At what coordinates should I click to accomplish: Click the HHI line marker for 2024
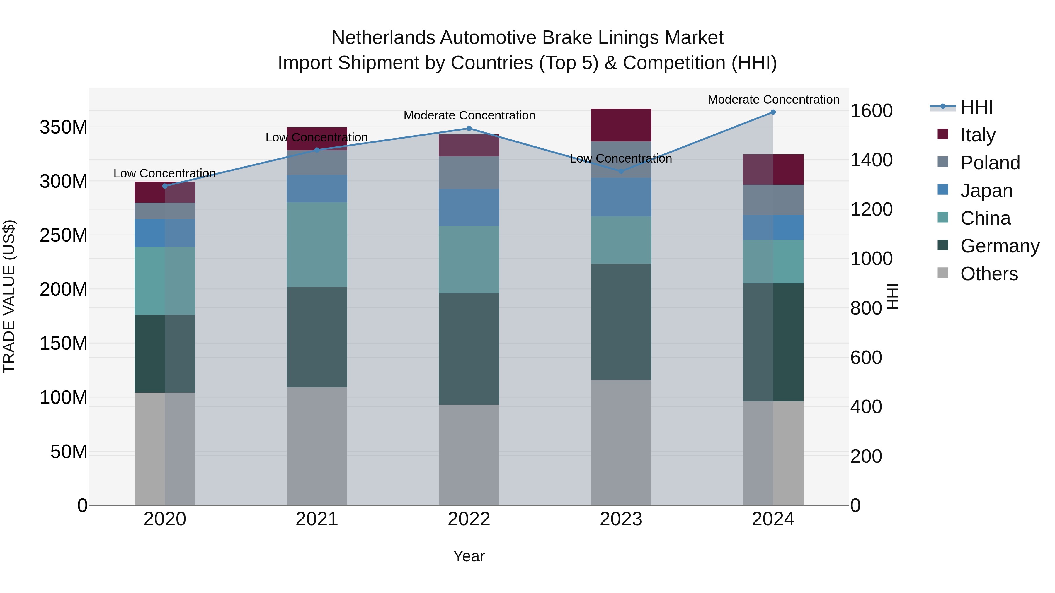tap(773, 112)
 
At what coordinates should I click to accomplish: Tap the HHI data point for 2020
tap(165, 186)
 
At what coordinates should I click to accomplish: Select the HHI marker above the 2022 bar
tap(469, 129)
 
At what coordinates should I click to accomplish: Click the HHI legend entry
tap(976, 107)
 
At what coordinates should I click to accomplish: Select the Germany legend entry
tap(999, 246)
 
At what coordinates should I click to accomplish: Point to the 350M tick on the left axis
tap(64, 127)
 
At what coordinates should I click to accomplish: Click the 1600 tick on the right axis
tap(871, 111)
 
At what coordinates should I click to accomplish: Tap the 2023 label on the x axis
tap(621, 519)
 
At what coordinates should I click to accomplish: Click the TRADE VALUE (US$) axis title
tap(9, 296)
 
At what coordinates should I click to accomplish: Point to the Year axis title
tap(469, 556)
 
